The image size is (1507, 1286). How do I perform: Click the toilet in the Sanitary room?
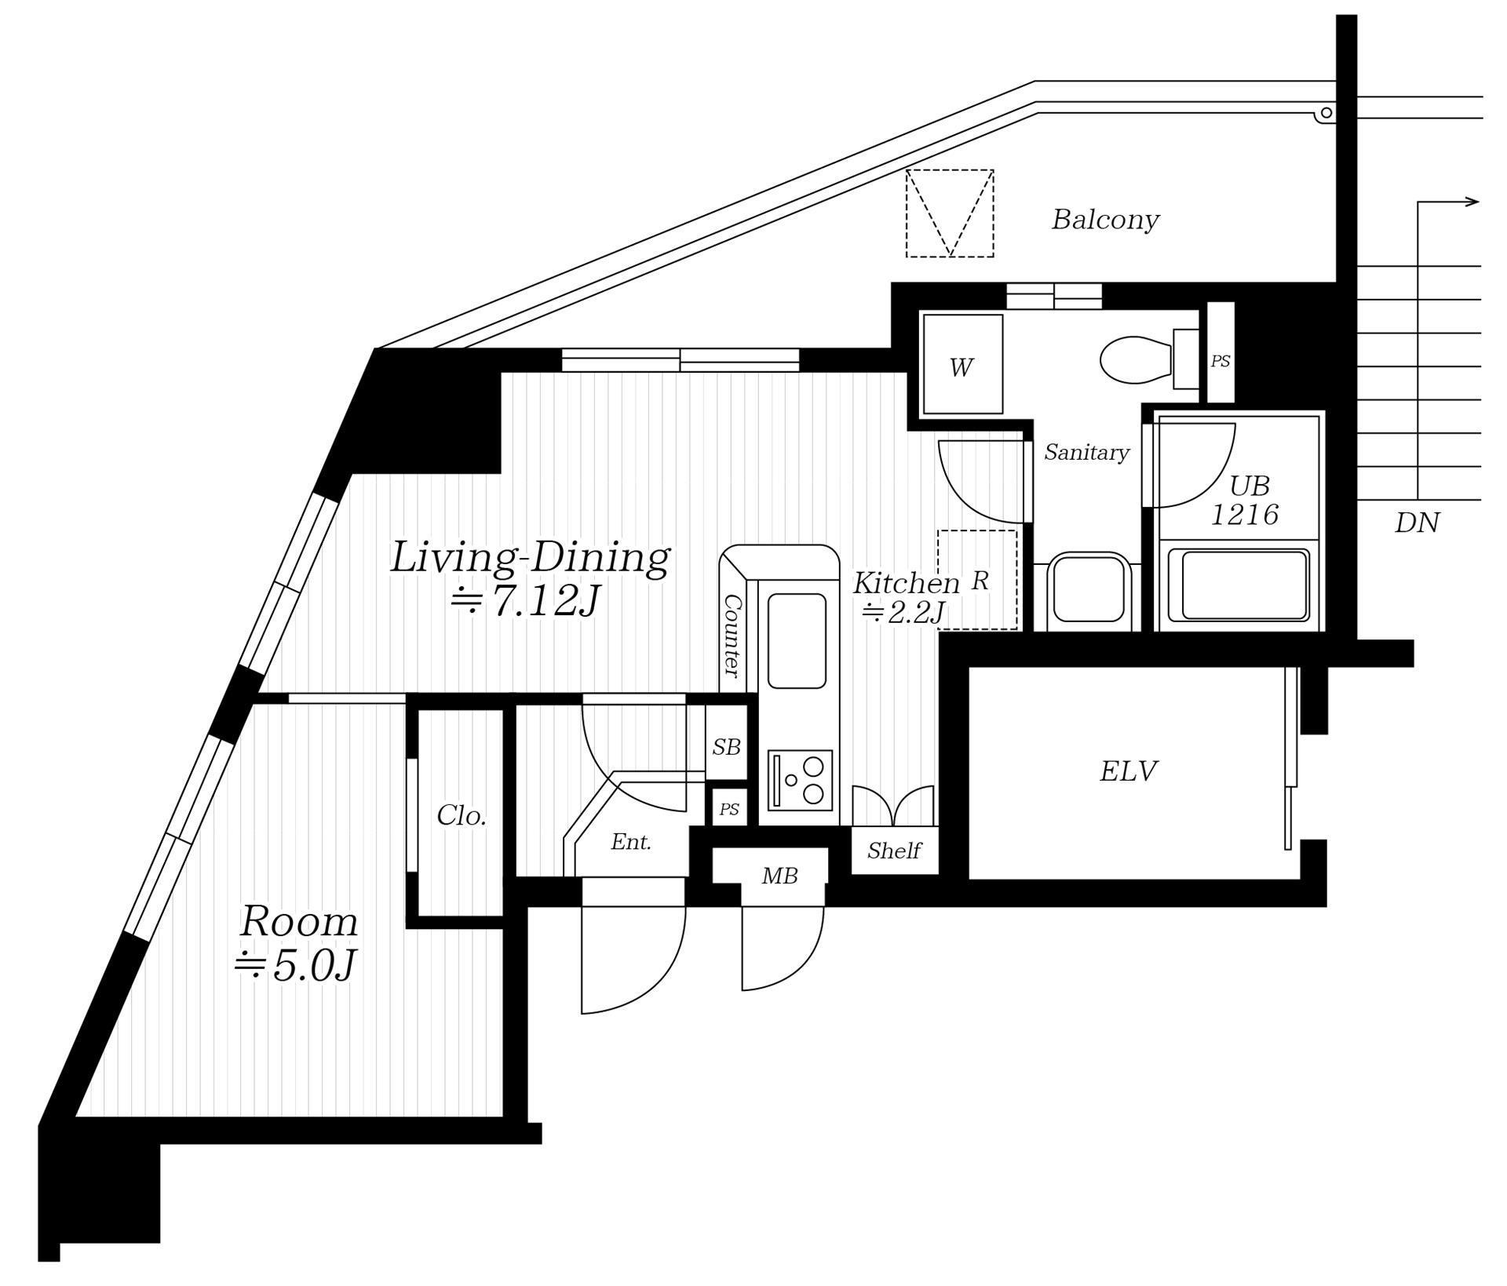point(1149,359)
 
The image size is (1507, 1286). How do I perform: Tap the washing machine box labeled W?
point(963,364)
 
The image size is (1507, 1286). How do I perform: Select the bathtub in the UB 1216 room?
point(1239,585)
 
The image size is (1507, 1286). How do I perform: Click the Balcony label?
point(1105,220)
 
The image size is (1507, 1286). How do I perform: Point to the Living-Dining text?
point(530,557)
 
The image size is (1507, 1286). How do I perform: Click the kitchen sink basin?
point(797,641)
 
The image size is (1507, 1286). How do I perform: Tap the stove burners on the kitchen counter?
point(801,780)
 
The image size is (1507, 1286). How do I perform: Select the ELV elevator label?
point(1128,771)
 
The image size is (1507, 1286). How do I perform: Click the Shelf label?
point(894,851)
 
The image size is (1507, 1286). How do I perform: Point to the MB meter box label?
point(779,876)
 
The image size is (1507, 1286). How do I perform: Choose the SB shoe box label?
point(726,748)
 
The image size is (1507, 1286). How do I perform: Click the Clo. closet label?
point(462,816)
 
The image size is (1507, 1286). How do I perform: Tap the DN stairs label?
point(1418,523)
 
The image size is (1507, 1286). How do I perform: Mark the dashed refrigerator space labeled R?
point(977,580)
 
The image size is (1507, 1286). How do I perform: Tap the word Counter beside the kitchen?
point(732,636)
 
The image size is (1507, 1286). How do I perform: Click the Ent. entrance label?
point(631,842)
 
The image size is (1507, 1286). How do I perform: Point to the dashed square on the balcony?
point(950,213)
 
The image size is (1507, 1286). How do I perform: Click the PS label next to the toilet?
point(1220,361)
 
